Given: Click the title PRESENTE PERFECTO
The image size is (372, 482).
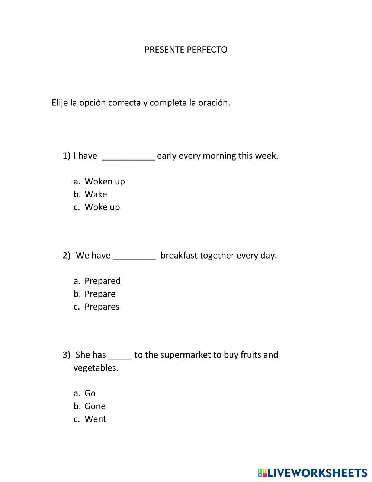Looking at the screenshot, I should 186,50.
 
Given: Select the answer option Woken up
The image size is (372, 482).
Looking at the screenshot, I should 105,181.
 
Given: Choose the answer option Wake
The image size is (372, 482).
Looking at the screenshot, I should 96,194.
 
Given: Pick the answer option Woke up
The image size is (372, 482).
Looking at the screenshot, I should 102,207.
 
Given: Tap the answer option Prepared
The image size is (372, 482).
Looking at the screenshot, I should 102,281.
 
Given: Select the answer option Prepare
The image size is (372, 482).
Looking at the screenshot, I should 100,294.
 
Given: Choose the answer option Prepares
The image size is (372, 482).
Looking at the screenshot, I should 102,307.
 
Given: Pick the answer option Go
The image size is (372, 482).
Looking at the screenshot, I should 90,393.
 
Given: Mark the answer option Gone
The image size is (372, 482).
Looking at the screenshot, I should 95,406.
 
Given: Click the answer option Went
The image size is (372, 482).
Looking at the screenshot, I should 95,419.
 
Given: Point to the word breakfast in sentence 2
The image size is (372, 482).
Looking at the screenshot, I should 179,256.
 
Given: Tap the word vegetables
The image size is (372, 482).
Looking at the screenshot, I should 96,368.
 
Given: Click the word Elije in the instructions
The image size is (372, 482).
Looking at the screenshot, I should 60,103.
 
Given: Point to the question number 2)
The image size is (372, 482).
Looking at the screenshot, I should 66,256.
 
